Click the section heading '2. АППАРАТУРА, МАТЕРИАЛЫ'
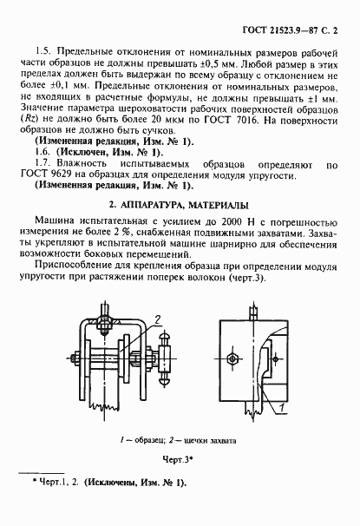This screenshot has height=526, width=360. pyautogui.click(x=180, y=205)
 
